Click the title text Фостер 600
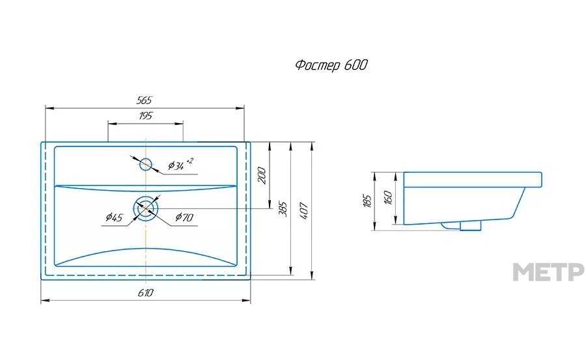click(331, 65)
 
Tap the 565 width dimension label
click(145, 100)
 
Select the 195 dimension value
click(146, 116)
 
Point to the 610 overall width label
click(145, 293)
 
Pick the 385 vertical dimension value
click(283, 210)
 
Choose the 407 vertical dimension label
click(304, 211)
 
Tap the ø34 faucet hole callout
click(180, 164)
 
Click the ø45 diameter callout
click(114, 217)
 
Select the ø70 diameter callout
click(184, 217)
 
